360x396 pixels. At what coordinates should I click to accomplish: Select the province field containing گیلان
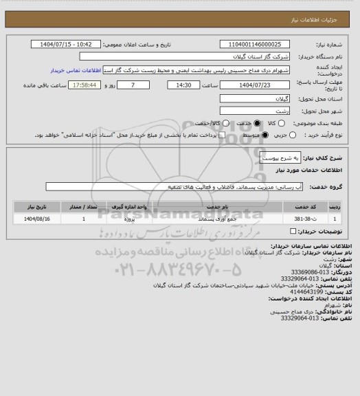(255, 98)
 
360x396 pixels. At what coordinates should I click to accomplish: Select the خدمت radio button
(258, 123)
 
